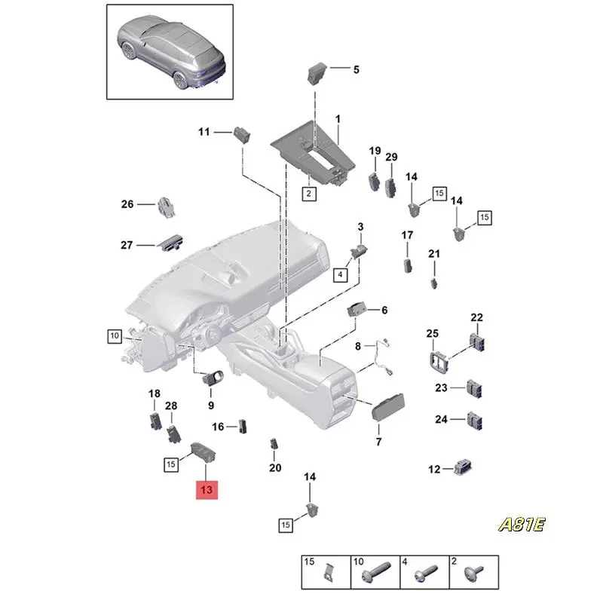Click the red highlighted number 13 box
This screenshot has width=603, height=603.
coord(207,490)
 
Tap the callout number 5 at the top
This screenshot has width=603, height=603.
coord(356,70)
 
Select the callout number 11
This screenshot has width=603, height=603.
coord(204,133)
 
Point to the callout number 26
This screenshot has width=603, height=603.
coord(127,204)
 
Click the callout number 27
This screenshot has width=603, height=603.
coord(127,245)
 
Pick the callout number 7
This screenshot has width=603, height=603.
coord(378,442)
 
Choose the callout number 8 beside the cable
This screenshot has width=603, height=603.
coord(358,347)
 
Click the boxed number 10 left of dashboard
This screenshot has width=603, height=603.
coord(114,335)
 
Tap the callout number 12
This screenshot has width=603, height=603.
coord(434,470)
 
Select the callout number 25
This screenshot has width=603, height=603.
coord(432,334)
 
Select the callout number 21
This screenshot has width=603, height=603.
coord(433,254)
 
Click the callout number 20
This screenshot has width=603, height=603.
coord(275,468)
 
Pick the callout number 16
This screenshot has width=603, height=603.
coord(218,427)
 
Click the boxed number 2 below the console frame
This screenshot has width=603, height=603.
coord(308,194)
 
